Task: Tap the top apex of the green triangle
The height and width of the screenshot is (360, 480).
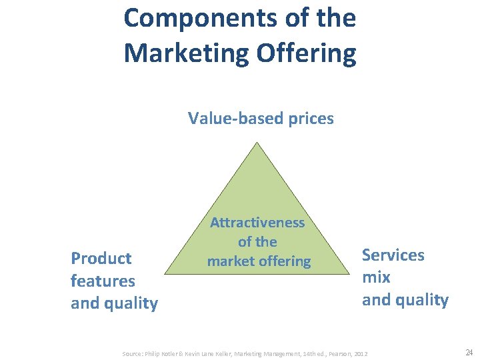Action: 256,143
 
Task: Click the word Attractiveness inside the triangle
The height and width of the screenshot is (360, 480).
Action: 257,223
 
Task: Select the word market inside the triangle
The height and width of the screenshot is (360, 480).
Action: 231,261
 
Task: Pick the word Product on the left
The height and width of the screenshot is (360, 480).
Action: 101,258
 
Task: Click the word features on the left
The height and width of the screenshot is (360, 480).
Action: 103,281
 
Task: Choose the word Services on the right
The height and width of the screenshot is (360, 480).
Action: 393,255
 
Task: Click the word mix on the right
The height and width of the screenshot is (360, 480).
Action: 376,277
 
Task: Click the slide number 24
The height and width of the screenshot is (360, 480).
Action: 468,351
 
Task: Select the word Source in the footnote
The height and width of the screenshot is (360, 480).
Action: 131,352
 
